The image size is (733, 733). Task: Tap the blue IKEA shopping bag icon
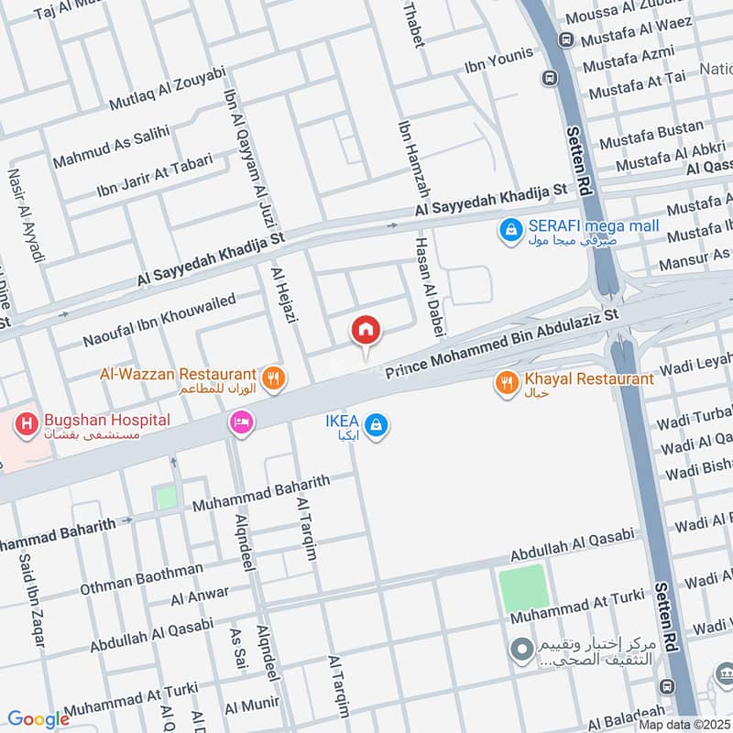coord(375,424)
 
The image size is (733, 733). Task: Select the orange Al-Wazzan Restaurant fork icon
coord(272,377)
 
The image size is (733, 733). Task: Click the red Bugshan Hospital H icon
coord(27,423)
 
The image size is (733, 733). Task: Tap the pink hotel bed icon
coord(242,422)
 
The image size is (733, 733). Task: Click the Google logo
coord(38,719)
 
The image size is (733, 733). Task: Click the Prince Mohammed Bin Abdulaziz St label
coord(502,344)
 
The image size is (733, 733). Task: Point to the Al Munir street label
coord(251,706)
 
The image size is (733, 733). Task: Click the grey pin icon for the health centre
coord(521,650)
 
